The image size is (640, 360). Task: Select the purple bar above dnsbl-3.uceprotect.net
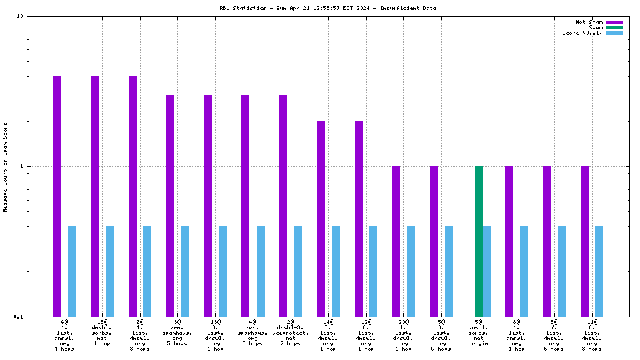[x=283, y=205]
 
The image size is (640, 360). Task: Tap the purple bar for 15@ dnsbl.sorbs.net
[x=95, y=196]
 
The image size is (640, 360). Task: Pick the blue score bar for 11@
[x=599, y=271]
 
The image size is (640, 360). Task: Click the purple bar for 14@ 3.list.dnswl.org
[x=321, y=219]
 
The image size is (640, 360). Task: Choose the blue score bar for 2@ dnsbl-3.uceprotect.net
[x=298, y=271]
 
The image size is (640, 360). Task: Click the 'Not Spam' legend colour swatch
[x=614, y=22]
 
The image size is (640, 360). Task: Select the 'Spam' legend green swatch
[x=614, y=27]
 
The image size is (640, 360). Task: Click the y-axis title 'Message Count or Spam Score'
[x=6, y=167]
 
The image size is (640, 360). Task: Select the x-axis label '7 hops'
[x=291, y=349]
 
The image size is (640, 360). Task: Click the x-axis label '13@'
[x=215, y=322]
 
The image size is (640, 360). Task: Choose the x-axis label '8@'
[x=517, y=322]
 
